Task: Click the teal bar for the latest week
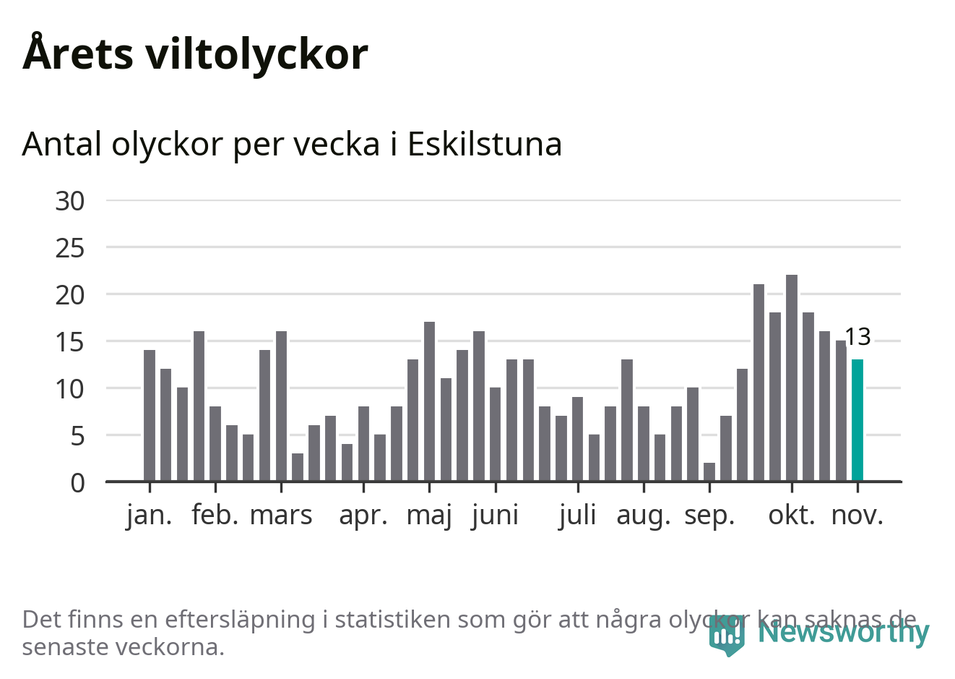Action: pyautogui.click(x=857, y=420)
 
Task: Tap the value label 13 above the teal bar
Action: pyautogui.click(x=857, y=337)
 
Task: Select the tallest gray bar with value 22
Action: pyautogui.click(x=792, y=377)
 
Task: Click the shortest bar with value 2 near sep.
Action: pyautogui.click(x=709, y=471)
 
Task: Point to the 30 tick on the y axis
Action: pyautogui.click(x=70, y=201)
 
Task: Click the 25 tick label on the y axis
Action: pyautogui.click(x=70, y=248)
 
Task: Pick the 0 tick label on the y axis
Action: pyautogui.click(x=77, y=483)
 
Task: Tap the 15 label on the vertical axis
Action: pyautogui.click(x=70, y=342)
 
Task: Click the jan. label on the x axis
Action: pyautogui.click(x=150, y=516)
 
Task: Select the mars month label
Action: pyautogui.click(x=281, y=516)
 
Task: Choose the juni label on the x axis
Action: pyautogui.click(x=496, y=516)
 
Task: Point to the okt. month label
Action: pyautogui.click(x=792, y=516)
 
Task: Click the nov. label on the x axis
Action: pyautogui.click(x=857, y=516)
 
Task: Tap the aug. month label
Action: pyautogui.click(x=644, y=516)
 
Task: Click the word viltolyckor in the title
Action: pyautogui.click(x=257, y=54)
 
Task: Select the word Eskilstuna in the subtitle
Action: pyautogui.click(x=485, y=144)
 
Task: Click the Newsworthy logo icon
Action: pyautogui.click(x=727, y=634)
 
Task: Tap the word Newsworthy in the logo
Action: pyautogui.click(x=843, y=632)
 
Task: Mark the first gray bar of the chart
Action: pyautogui.click(x=150, y=415)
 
